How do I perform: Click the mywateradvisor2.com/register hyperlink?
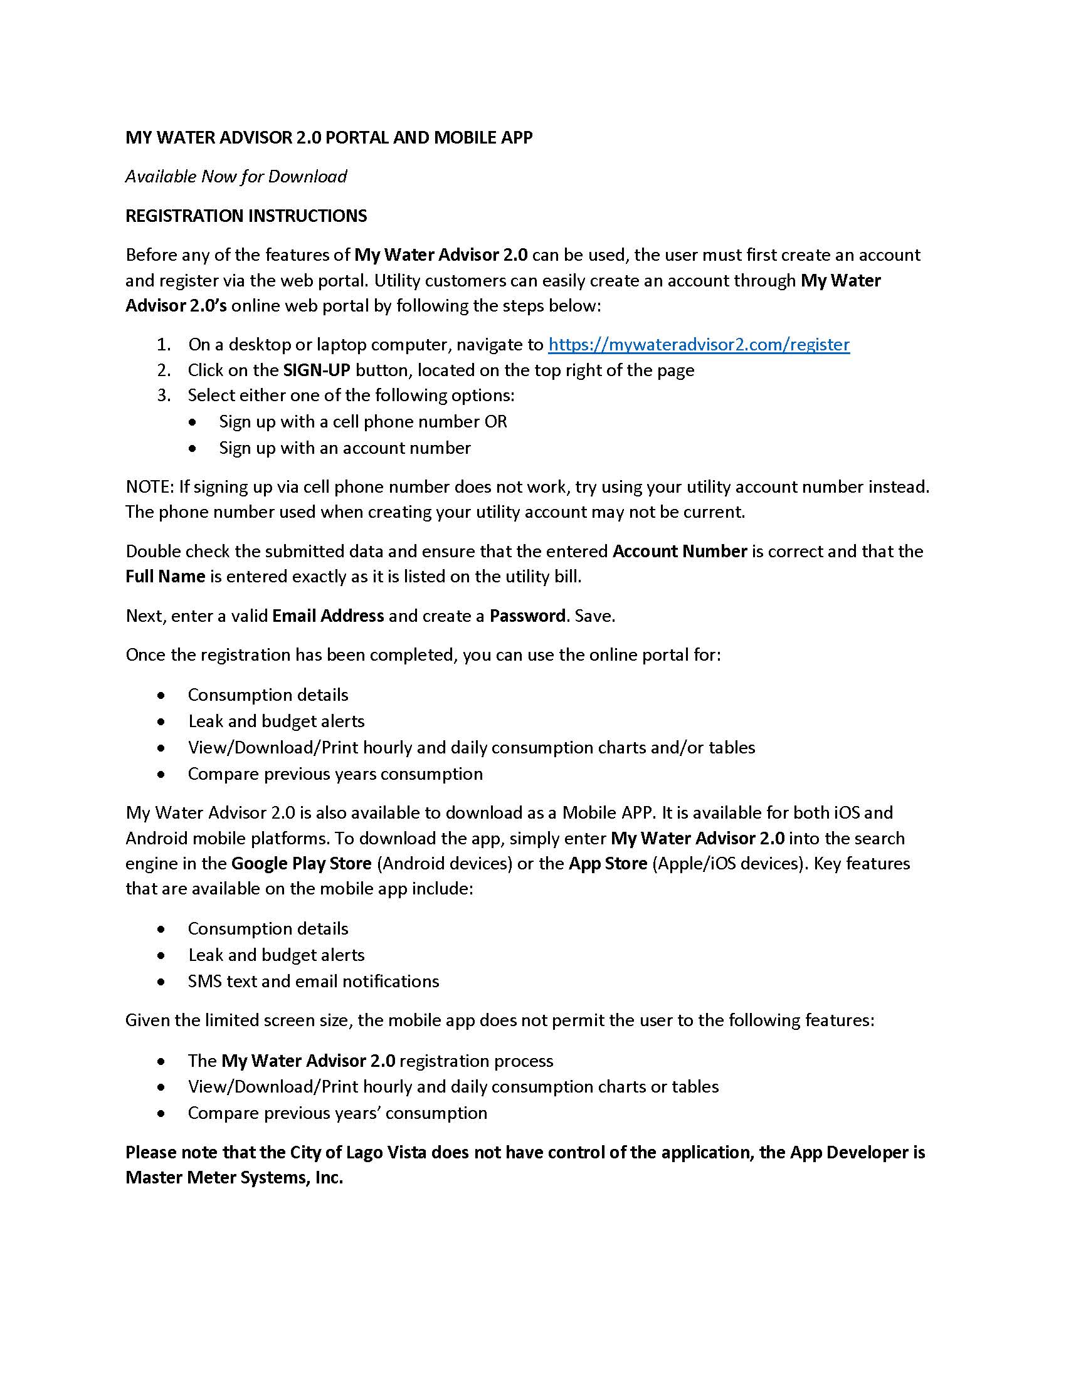[699, 344]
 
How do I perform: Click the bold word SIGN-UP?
[317, 370]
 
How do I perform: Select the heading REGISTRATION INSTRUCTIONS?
[246, 216]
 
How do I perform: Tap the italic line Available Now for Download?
[236, 176]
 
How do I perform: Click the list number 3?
[164, 396]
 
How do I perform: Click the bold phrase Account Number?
[680, 551]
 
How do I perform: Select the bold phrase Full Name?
[166, 577]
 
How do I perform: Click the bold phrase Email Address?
[328, 616]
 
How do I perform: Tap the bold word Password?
[527, 616]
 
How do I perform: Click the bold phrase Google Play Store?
[301, 863]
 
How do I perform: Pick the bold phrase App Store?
[608, 863]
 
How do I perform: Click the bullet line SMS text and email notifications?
[314, 981]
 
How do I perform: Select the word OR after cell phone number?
[496, 421]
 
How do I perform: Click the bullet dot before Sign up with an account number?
[193, 448]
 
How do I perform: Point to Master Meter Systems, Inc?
[234, 1178]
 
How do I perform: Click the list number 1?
[164, 345]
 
